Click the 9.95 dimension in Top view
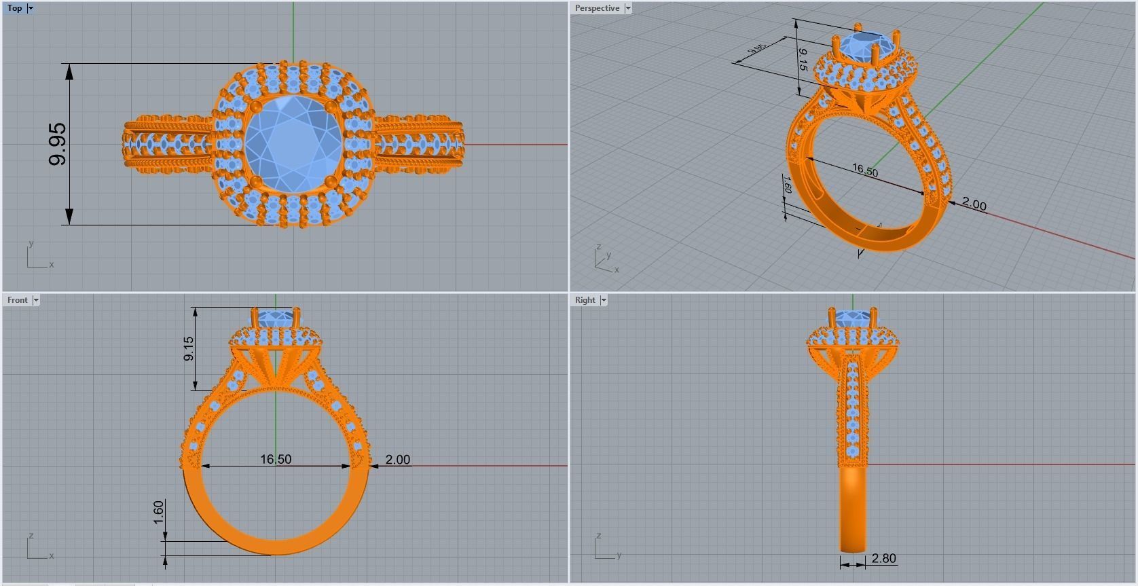pyautogui.click(x=58, y=144)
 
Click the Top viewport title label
pyautogui.click(x=14, y=8)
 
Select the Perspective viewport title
pyautogui.click(x=597, y=8)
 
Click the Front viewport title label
pyautogui.click(x=18, y=300)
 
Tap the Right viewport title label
pyautogui.click(x=585, y=300)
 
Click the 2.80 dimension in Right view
pyautogui.click(x=883, y=558)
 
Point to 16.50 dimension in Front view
pyautogui.click(x=276, y=460)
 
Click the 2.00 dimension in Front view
pyautogui.click(x=397, y=460)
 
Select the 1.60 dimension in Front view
pyautogui.click(x=158, y=513)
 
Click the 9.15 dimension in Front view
pyautogui.click(x=189, y=348)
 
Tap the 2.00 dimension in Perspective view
pyautogui.click(x=974, y=204)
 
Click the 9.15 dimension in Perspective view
pyautogui.click(x=803, y=60)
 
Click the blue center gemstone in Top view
pyautogui.click(x=293, y=144)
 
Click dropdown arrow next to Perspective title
pyautogui.click(x=628, y=8)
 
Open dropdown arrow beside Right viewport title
pyautogui.click(x=604, y=300)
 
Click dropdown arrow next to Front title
pyautogui.click(x=36, y=300)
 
